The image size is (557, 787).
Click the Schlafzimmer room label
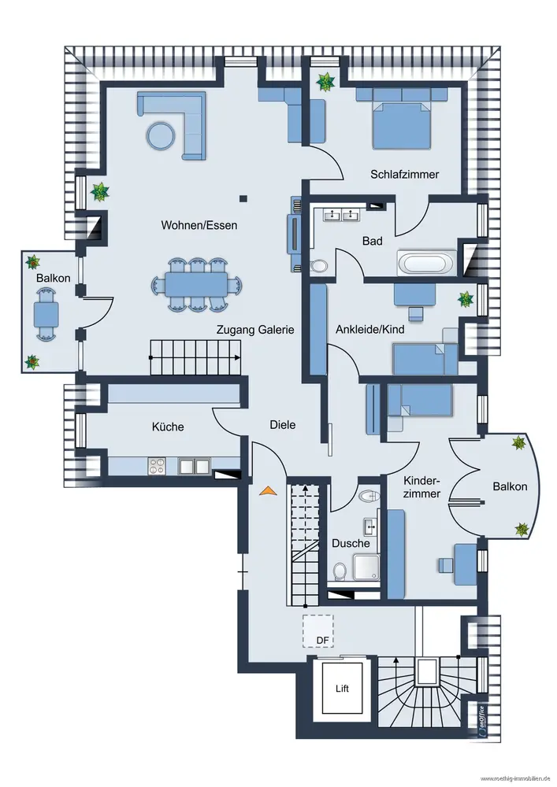tap(404, 175)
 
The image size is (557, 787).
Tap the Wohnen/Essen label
tap(199, 225)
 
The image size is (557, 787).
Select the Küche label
tap(168, 427)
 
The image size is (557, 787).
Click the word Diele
tap(282, 424)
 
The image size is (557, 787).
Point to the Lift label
tap(341, 689)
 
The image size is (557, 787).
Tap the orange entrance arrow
tap(268, 490)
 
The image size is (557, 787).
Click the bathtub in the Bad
tap(425, 263)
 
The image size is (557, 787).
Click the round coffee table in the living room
tap(162, 135)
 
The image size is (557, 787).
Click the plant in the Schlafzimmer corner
tap(325, 81)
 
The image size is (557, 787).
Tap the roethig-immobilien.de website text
tap(515, 779)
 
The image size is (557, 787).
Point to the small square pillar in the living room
tap(244, 198)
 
